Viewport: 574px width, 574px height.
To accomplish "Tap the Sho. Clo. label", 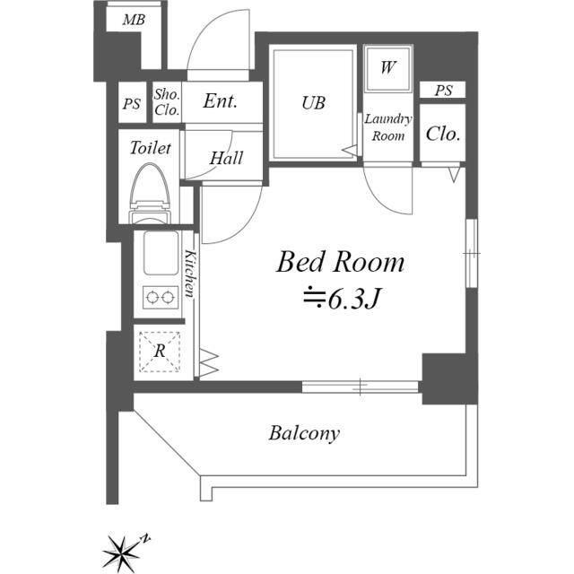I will pyautogui.click(x=167, y=103).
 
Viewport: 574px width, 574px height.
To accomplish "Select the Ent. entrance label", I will pyautogui.click(x=220, y=101).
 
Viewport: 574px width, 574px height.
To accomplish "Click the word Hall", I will pyautogui.click(x=225, y=158).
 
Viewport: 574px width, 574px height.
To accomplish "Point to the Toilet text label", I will pyautogui.click(x=151, y=147).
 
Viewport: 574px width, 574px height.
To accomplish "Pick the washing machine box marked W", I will pyautogui.click(x=387, y=67).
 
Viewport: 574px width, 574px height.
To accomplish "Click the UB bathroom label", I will pyautogui.click(x=312, y=103).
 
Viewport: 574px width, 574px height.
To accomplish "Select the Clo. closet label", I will pyautogui.click(x=443, y=135).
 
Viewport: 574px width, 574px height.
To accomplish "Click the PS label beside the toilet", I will pyautogui.click(x=132, y=104).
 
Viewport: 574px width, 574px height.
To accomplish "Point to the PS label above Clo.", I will pyautogui.click(x=443, y=91).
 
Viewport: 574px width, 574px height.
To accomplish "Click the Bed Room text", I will pyautogui.click(x=340, y=263).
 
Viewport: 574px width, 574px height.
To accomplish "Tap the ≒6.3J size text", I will pyautogui.click(x=342, y=299).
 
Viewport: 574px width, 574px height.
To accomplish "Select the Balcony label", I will pyautogui.click(x=304, y=434).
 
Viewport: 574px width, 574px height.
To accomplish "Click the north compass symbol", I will pyautogui.click(x=119, y=550).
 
